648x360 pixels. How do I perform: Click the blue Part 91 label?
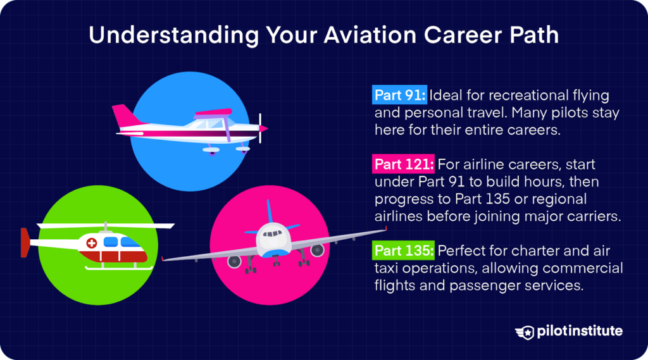[400, 96]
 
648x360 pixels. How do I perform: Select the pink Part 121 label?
[403, 164]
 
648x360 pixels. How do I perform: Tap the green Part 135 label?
[403, 251]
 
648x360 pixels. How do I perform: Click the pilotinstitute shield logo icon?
[524, 332]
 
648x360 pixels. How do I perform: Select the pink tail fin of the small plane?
[121, 116]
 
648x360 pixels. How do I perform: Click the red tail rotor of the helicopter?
[25, 242]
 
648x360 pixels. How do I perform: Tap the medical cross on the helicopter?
[92, 243]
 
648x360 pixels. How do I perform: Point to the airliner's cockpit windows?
[273, 233]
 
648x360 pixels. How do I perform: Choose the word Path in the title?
[536, 35]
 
